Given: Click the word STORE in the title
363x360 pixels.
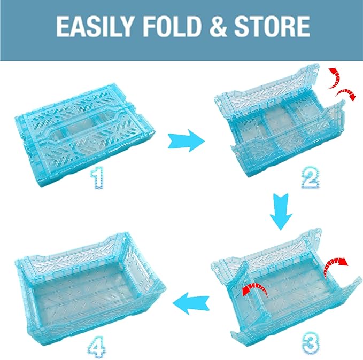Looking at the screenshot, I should pos(273,26).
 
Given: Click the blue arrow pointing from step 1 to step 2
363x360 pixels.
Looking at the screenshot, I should pos(185,141).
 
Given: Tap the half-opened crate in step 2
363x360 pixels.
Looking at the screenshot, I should pos(278,126).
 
